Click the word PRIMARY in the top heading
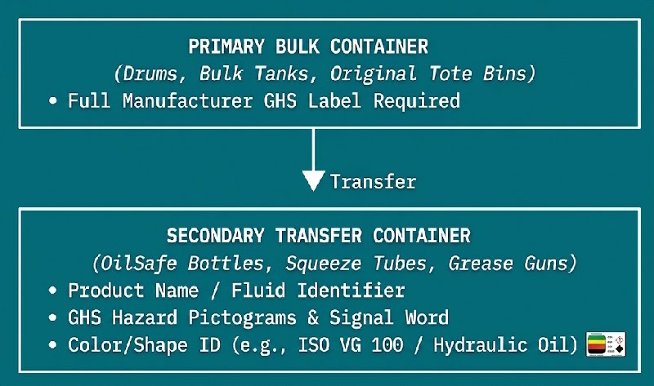[x=226, y=47]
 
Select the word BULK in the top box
[x=298, y=47]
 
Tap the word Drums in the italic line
[x=150, y=74]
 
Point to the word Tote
[x=450, y=73]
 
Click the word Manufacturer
[x=188, y=101]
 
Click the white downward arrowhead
[x=313, y=180]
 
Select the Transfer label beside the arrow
[x=374, y=182]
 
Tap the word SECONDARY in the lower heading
[x=216, y=236]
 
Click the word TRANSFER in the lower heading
[x=319, y=236]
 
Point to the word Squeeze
[x=324, y=264]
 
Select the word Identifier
[x=351, y=291]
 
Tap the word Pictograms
[x=242, y=317]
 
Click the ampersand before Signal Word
[x=313, y=317]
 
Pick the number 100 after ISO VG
[x=387, y=345]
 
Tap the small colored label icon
[x=606, y=344]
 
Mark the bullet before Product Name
[x=52, y=291]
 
